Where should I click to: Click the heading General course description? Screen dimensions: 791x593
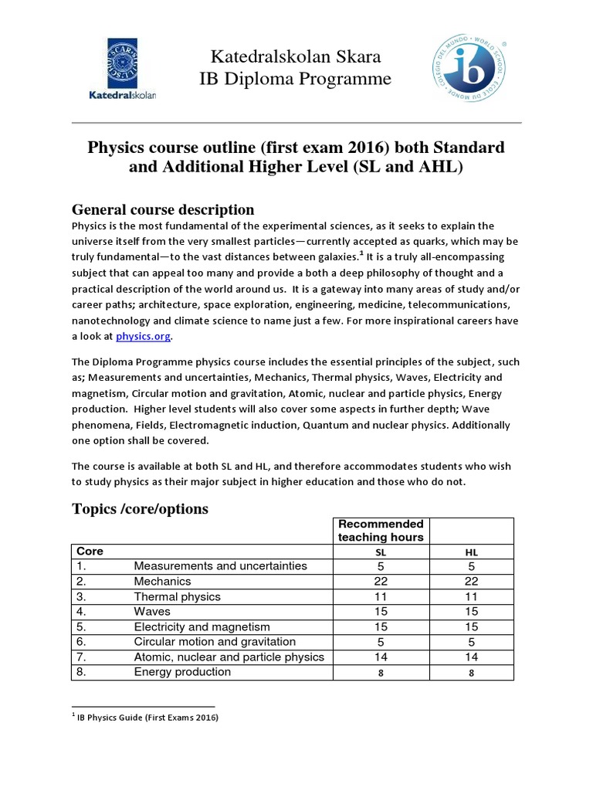pyautogui.click(x=163, y=209)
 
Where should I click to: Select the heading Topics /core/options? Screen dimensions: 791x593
pyautogui.click(x=140, y=508)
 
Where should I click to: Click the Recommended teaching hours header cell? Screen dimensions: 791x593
pyautogui.click(x=381, y=531)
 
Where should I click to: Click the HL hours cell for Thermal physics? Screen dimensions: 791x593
pyautogui.click(x=471, y=596)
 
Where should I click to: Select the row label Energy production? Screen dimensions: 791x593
pyautogui.click(x=182, y=672)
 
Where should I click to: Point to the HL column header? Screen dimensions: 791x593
pyautogui.click(x=471, y=552)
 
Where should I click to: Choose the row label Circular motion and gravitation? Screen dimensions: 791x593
pyautogui.click(x=215, y=642)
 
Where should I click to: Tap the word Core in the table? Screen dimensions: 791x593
pyautogui.click(x=90, y=552)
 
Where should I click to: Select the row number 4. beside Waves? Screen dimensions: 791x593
pyautogui.click(x=81, y=612)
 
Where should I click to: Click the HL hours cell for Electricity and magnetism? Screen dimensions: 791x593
pyautogui.click(x=471, y=626)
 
